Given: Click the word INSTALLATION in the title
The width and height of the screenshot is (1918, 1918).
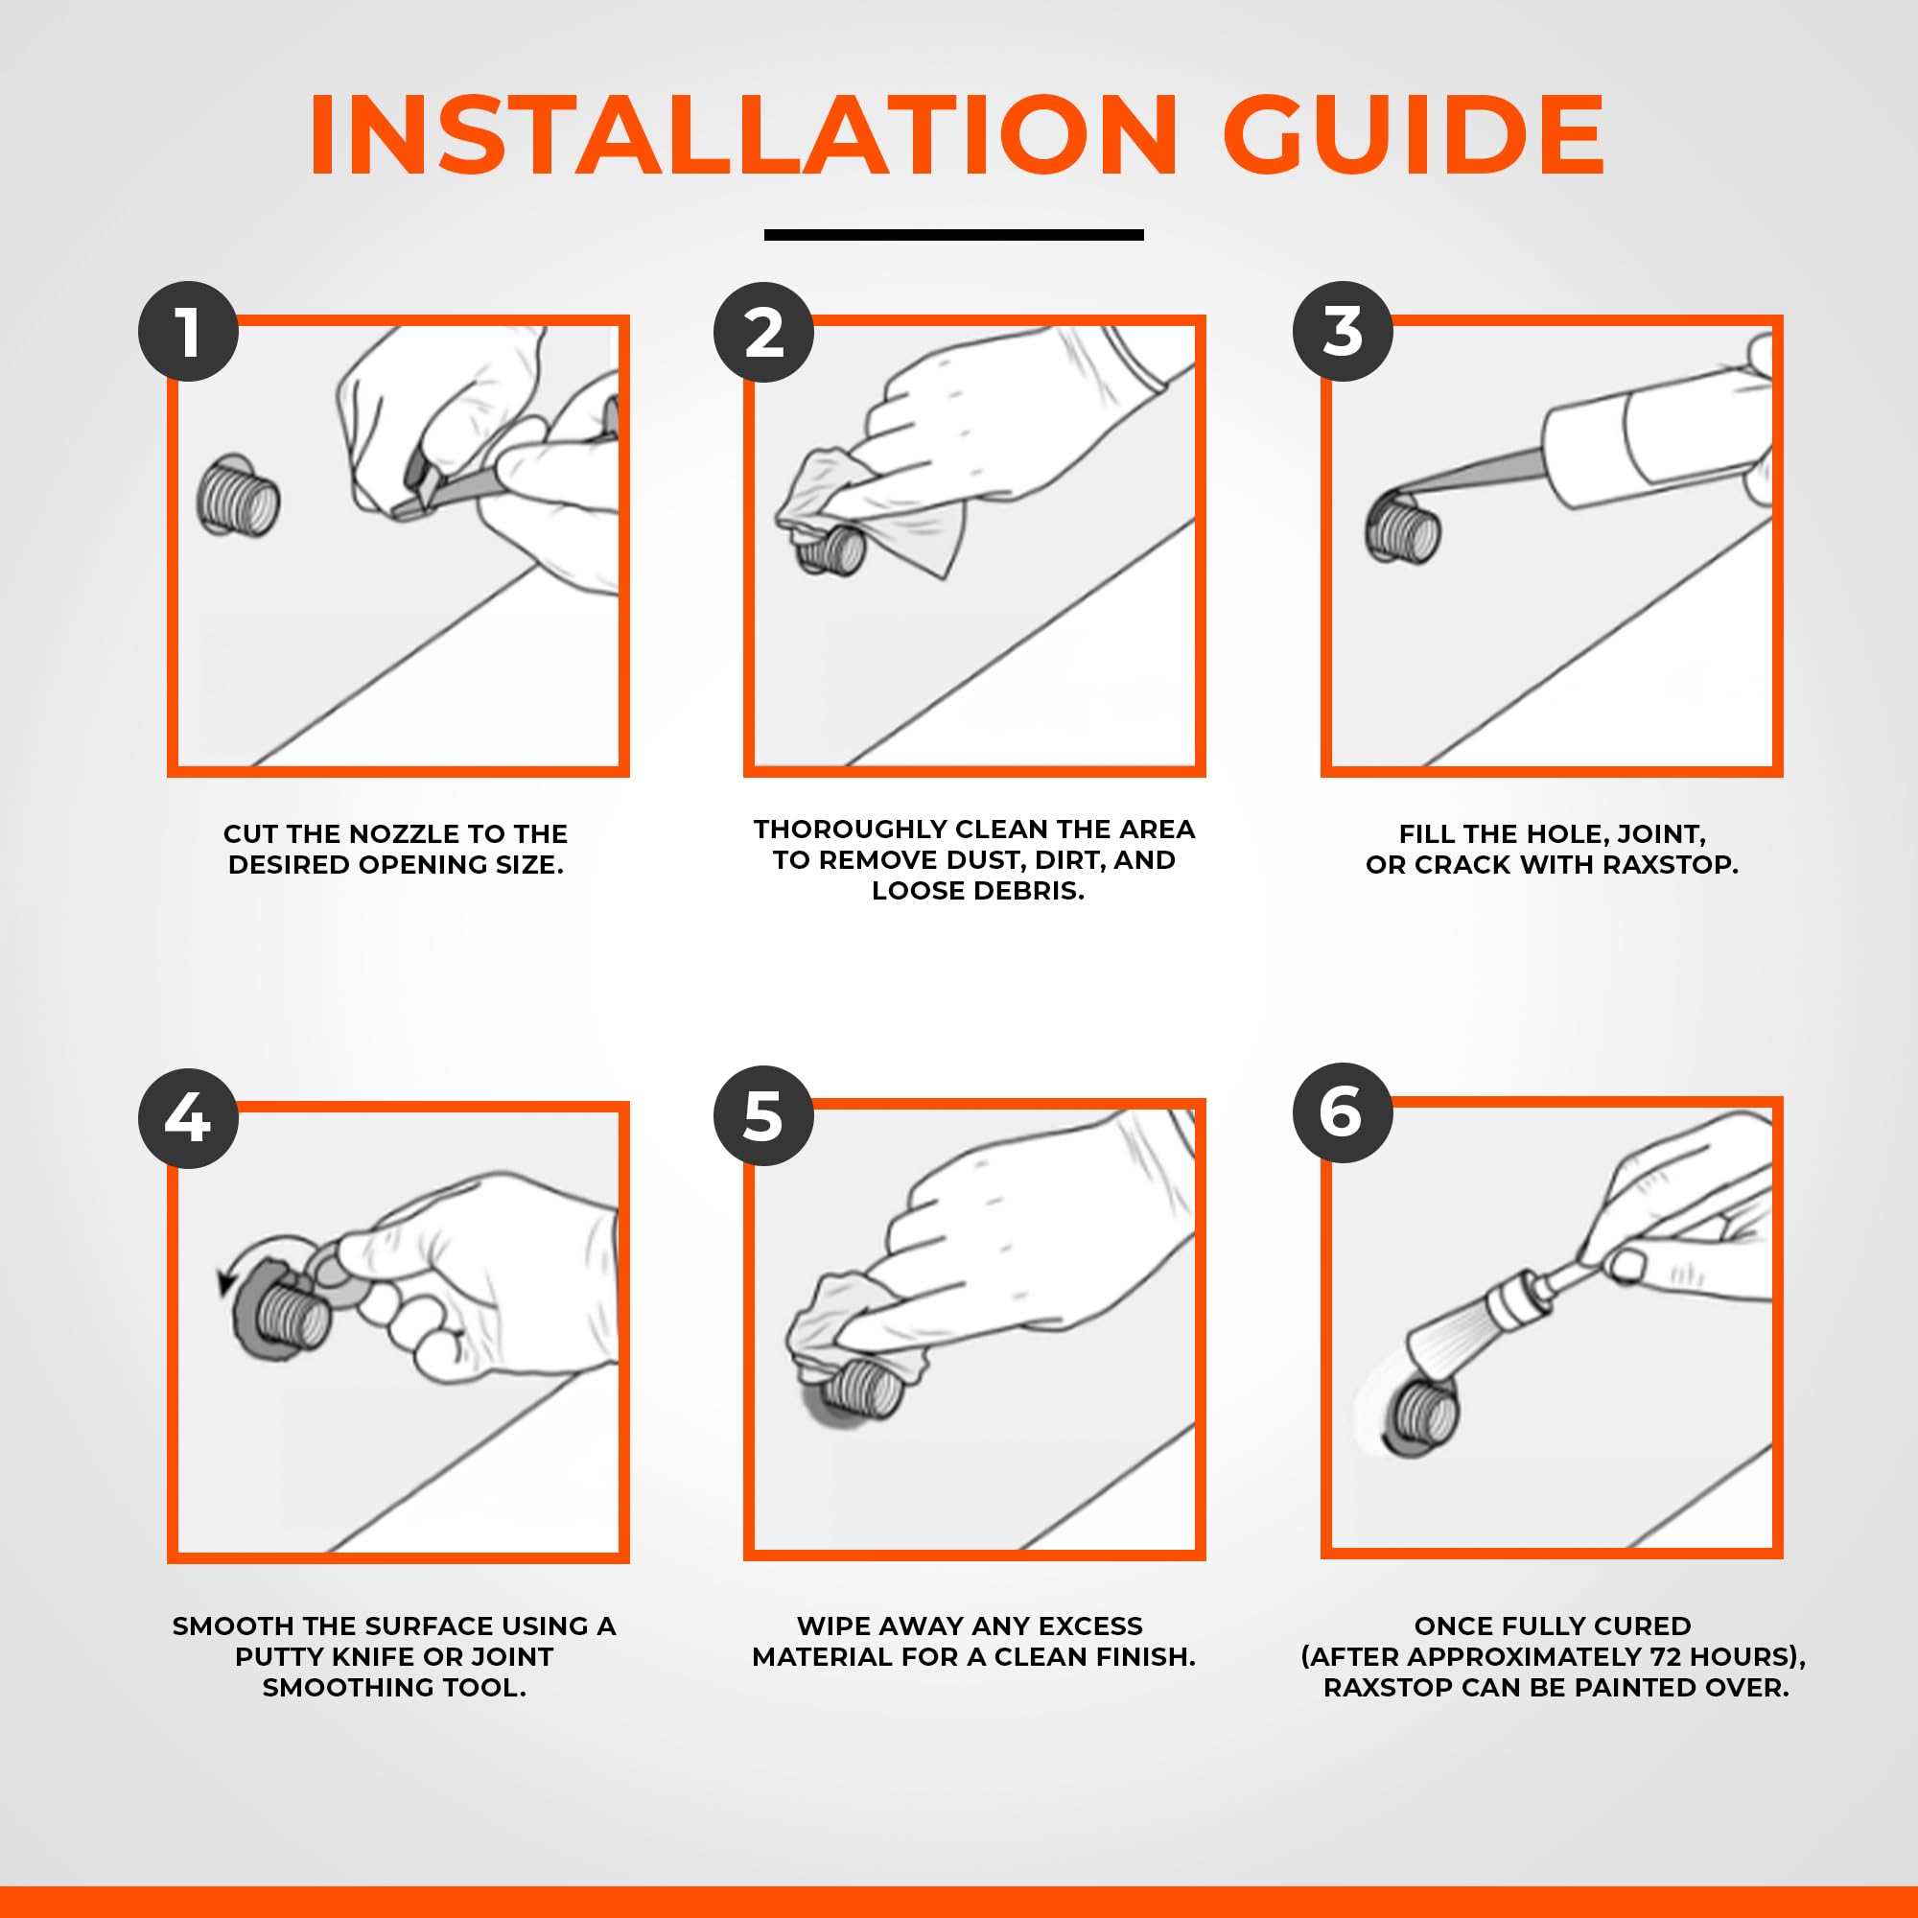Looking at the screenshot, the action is (x=743, y=136).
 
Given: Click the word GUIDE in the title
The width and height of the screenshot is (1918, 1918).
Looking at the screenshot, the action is (x=1414, y=136).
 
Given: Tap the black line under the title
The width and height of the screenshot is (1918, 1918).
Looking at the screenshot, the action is (x=953, y=235).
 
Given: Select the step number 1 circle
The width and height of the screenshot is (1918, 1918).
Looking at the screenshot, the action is (x=188, y=332).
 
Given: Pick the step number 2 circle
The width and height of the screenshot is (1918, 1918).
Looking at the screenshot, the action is (x=763, y=332).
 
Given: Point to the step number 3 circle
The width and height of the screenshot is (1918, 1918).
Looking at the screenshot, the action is (x=1343, y=332).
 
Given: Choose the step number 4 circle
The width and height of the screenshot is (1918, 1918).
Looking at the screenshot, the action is (x=188, y=1118).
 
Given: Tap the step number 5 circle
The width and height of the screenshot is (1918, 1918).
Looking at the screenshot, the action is (x=763, y=1116).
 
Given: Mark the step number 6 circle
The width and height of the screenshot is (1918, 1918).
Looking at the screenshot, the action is (x=1343, y=1112).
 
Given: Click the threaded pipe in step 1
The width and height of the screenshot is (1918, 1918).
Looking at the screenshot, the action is (x=238, y=497).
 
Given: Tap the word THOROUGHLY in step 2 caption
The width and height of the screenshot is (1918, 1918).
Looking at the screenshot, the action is (x=850, y=829).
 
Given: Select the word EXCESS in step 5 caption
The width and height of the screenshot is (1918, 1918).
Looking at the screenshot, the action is (x=1090, y=1626).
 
